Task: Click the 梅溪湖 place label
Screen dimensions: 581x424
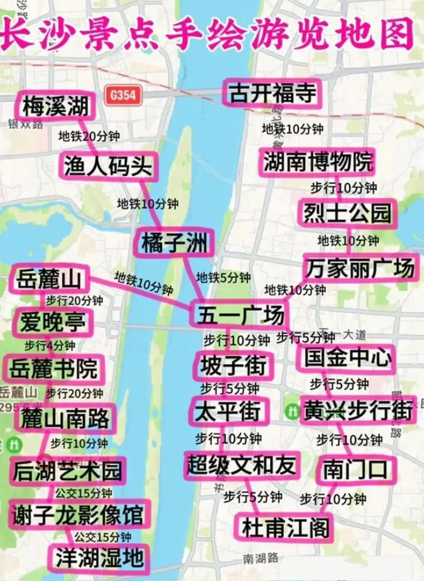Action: click(55, 106)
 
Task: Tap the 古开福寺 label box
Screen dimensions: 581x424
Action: click(273, 93)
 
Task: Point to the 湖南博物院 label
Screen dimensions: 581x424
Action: click(318, 162)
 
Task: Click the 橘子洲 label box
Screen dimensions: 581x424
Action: click(174, 242)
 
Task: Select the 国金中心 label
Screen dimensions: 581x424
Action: click(346, 358)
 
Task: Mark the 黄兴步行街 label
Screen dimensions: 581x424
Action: click(357, 409)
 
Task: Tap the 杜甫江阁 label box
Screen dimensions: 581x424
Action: click(282, 526)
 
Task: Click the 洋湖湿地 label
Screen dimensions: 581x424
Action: click(99, 557)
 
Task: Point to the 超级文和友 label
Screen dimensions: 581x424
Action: click(241, 465)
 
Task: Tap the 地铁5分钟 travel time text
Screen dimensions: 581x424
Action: click(223, 277)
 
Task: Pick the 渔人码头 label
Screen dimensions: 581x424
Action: click(108, 166)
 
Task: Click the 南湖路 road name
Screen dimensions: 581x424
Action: click(258, 558)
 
